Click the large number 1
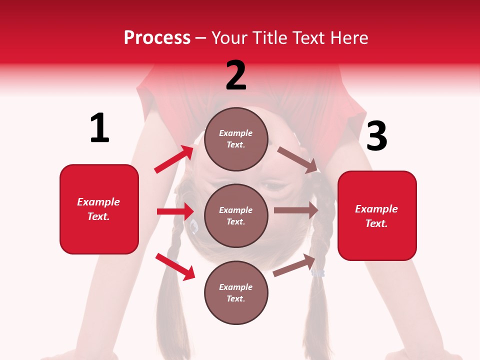click(99, 128)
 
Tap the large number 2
click(236, 75)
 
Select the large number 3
click(376, 136)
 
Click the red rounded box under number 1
click(99, 209)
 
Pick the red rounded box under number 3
click(377, 216)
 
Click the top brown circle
click(236, 138)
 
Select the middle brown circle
click(236, 215)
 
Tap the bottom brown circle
click(236, 292)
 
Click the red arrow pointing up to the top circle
click(174, 159)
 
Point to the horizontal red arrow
click(175, 211)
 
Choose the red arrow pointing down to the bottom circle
click(175, 266)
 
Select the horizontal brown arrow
click(296, 210)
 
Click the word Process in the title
click(157, 38)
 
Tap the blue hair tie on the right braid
click(318, 273)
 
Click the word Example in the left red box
click(98, 202)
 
